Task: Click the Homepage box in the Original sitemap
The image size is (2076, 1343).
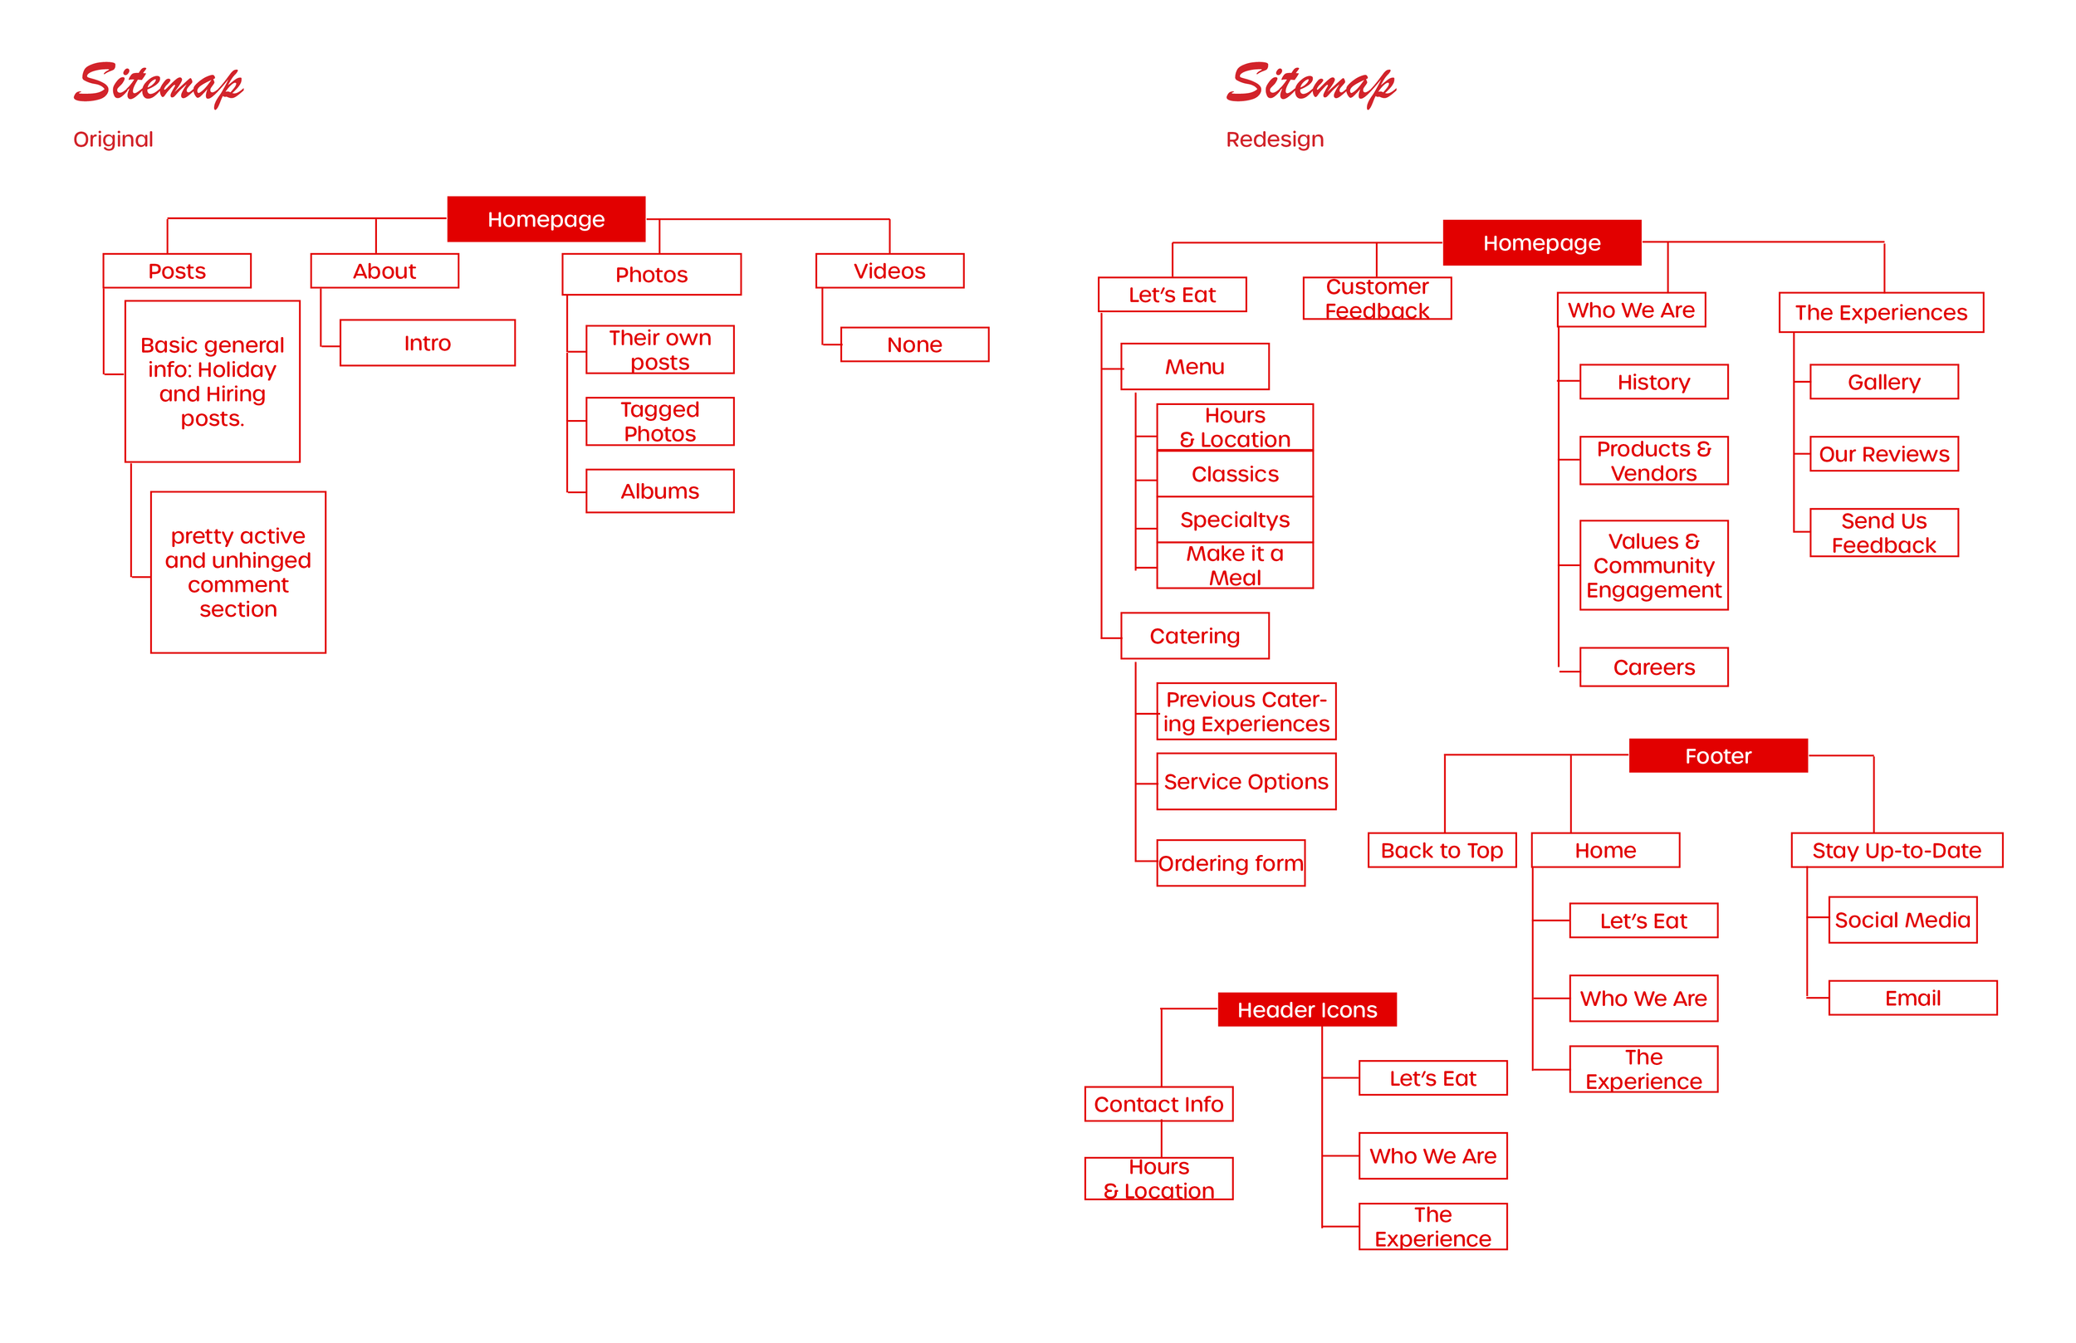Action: (546, 219)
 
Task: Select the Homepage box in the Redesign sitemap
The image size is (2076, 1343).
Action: (1540, 242)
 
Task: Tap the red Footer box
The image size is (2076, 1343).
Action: (1716, 755)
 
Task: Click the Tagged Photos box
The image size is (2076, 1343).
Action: (659, 421)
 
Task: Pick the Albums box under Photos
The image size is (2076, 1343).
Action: (659, 491)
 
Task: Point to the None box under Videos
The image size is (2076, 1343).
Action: (913, 344)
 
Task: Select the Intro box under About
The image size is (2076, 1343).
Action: (427, 343)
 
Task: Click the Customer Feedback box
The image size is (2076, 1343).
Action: (1376, 298)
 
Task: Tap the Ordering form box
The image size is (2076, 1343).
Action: (1230, 862)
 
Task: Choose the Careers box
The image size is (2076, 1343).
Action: (1653, 667)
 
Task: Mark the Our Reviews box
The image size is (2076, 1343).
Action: (1883, 453)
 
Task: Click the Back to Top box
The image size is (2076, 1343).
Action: (1441, 850)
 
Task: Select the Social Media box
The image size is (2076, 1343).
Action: (1902, 919)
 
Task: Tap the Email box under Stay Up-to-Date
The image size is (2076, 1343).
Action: (1912, 998)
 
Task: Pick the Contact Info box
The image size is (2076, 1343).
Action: (1158, 1104)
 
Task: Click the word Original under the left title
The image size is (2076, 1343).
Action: (114, 139)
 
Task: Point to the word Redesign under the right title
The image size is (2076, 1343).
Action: (1274, 139)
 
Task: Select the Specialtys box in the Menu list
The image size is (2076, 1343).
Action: (1233, 520)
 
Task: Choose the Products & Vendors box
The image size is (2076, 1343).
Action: (1653, 461)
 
